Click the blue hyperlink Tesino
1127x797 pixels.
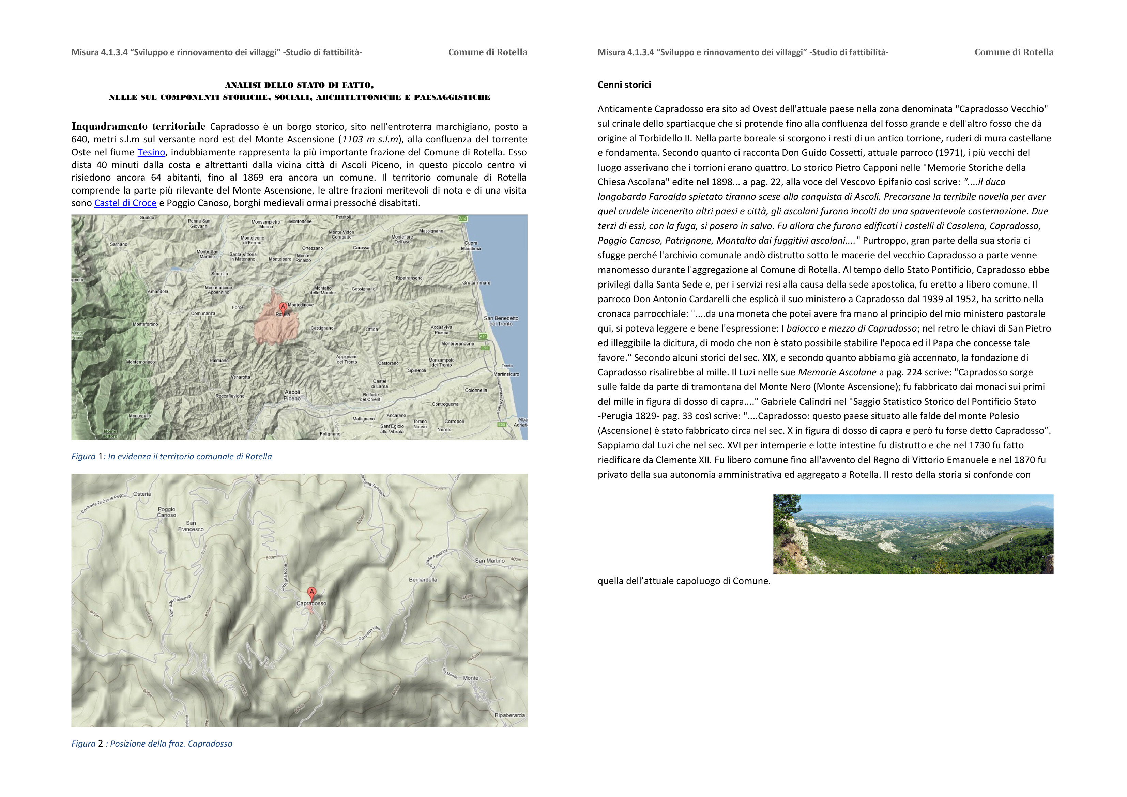coord(151,152)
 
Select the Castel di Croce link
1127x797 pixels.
coord(125,203)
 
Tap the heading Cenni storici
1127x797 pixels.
coord(624,85)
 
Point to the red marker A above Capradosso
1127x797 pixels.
coord(311,592)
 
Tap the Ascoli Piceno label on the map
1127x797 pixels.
coord(292,395)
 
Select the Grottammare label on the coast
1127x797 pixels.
coord(476,283)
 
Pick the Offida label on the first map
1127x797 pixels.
coord(371,329)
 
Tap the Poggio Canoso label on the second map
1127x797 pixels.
coord(166,512)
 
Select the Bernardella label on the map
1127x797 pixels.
coord(423,580)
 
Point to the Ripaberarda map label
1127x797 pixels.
coord(509,715)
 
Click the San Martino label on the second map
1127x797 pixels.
coord(489,561)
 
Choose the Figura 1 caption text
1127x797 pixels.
coord(171,456)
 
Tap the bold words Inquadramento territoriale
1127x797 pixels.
coord(138,127)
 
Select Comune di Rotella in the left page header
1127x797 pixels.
coord(487,52)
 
